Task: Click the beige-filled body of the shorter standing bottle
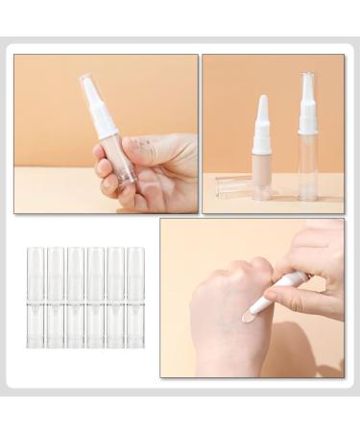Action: [262, 172]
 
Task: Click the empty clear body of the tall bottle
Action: [308, 169]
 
